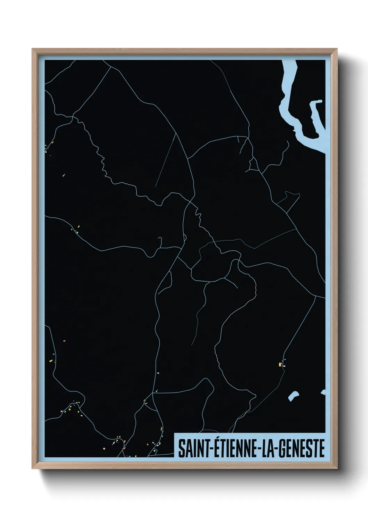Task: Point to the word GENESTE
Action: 301,448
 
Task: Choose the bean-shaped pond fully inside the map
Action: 294,396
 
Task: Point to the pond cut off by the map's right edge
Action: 323,392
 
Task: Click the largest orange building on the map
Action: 280,364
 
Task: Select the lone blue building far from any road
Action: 64,175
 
